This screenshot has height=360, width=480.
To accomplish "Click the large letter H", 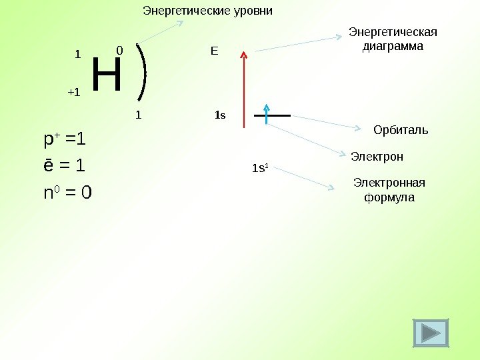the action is tap(107, 75).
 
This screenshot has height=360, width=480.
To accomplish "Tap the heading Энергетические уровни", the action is tap(208, 11).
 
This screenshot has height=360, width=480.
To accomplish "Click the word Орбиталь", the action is tap(401, 129).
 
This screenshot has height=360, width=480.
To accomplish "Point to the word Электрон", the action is tap(377, 157).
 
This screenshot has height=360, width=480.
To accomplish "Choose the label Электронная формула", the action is tap(389, 190).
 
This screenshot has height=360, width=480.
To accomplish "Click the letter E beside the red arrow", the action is tap(214, 51).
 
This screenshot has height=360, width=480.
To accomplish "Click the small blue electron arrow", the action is tap(267, 114).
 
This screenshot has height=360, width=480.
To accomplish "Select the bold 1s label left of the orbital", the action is tap(220, 115).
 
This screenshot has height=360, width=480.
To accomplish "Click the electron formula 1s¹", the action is tap(259, 168).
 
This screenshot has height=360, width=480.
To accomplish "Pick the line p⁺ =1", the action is tap(65, 140).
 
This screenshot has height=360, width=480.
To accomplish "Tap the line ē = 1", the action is tap(65, 166).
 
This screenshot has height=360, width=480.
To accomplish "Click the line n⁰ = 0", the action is tap(67, 193).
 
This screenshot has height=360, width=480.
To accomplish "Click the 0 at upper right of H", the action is tap(119, 51).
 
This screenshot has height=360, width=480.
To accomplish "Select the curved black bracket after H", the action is tap(143, 75).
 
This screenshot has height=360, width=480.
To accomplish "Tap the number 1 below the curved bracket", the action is tap(139, 115).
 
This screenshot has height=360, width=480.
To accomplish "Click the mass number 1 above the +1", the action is tap(77, 54).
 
